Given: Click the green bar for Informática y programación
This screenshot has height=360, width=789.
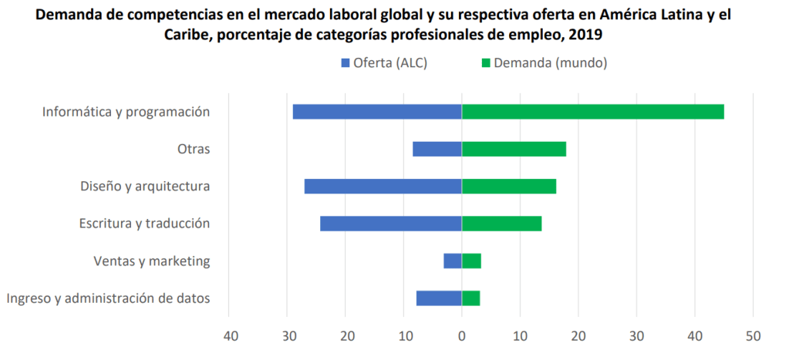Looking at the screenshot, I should (592, 112).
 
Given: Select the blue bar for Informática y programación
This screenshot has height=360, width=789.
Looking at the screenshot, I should (377, 112).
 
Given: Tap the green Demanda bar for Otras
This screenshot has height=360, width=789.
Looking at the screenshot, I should (514, 149).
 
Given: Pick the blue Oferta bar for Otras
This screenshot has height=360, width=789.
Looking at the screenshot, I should (437, 149).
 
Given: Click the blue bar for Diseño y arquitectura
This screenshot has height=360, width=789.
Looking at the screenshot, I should (383, 186).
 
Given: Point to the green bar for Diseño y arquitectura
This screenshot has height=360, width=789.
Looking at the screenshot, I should (509, 186).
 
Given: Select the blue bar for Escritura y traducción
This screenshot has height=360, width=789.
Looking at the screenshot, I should (391, 224).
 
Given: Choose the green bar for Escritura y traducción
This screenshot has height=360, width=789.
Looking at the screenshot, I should (501, 224).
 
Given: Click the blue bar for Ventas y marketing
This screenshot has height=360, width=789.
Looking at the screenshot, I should (453, 261).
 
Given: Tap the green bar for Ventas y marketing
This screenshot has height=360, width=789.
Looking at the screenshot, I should (471, 261).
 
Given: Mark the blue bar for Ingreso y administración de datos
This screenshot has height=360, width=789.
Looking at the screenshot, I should (439, 298).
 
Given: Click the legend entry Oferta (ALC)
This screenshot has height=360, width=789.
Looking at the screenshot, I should (383, 63).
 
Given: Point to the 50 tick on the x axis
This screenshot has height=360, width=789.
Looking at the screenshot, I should (754, 335).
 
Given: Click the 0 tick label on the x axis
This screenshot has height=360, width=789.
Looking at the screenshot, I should (461, 335).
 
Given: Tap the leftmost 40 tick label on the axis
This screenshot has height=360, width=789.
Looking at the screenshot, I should (228, 335).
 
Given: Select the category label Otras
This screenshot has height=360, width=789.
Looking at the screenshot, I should (194, 149).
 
